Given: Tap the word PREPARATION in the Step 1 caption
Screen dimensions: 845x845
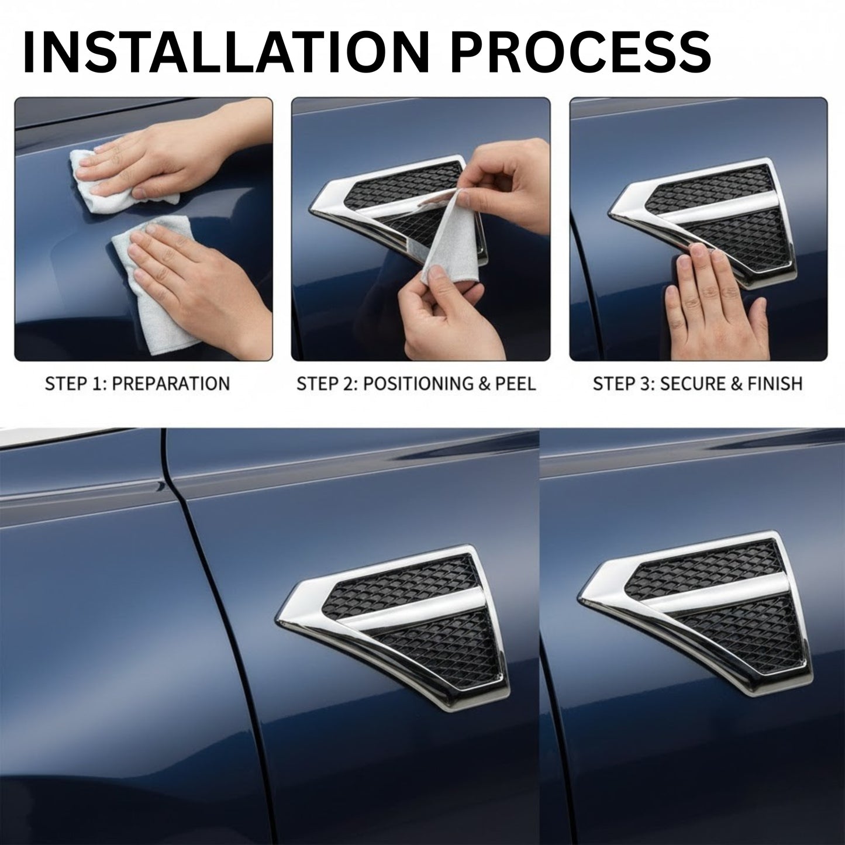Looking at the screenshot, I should click(170, 384).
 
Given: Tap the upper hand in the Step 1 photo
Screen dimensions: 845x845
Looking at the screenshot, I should click(175, 164).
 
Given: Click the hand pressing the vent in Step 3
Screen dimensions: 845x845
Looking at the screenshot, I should click(713, 298).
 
